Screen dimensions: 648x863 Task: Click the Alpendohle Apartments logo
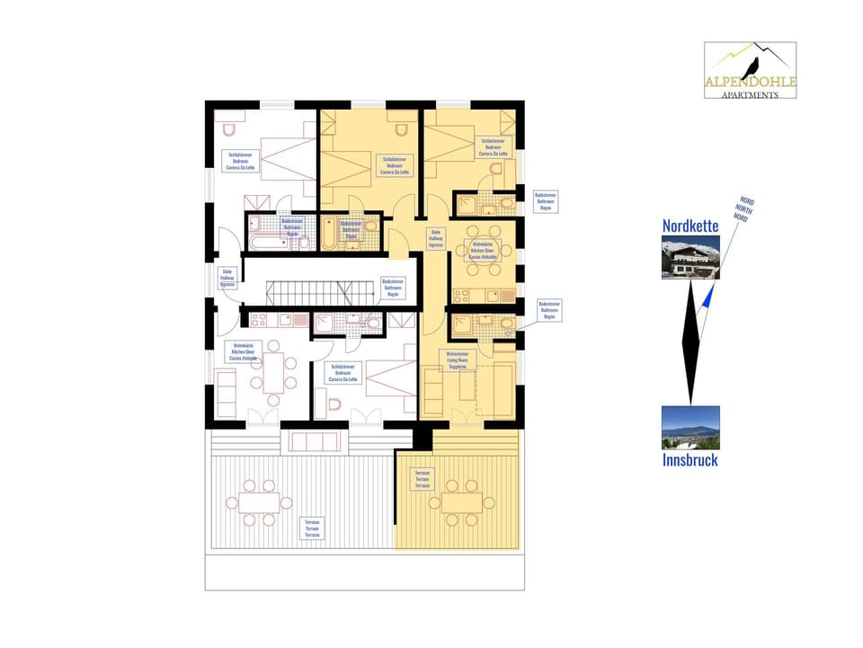coord(750,71)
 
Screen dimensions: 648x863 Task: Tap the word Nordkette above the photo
coord(690,226)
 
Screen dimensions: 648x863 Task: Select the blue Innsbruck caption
coord(690,460)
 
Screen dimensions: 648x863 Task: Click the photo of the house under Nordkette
coord(690,258)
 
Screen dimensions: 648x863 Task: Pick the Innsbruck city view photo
coord(690,428)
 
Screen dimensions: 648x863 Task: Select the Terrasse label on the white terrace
coord(312,528)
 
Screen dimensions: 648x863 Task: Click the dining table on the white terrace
coord(258,503)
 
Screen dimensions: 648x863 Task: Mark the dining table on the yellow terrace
coord(460,502)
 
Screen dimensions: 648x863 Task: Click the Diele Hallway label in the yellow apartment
coord(435,237)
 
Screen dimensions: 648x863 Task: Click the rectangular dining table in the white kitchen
coord(273,371)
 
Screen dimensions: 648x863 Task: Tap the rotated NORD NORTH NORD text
coord(743,209)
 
